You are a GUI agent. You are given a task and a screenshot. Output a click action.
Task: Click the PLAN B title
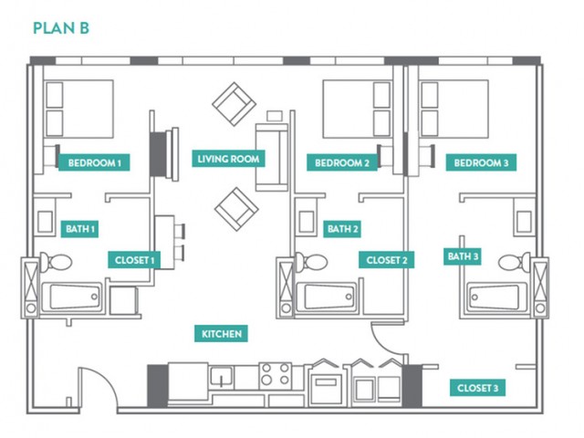point(61,28)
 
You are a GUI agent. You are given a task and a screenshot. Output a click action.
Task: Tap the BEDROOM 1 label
point(94,162)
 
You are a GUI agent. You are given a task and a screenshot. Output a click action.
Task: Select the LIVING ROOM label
point(228,159)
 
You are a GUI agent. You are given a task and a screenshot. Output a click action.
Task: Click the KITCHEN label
point(221,334)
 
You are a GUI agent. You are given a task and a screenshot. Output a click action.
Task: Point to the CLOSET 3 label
point(477,388)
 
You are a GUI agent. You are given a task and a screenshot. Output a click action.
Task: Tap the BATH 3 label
point(463,256)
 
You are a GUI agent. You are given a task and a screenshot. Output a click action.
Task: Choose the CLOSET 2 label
point(387,260)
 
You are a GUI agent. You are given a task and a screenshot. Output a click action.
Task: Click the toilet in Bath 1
point(56,262)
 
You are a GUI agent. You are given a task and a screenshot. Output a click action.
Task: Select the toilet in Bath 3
point(515,262)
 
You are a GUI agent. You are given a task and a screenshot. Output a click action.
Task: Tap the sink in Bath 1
point(45,222)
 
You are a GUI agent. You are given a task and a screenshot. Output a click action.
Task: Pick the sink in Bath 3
point(524,222)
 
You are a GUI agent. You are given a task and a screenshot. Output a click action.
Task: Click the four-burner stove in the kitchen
point(276,374)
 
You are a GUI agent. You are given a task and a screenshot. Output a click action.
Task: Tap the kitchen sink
point(221,376)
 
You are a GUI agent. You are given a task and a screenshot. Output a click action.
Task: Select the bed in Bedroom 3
point(454,109)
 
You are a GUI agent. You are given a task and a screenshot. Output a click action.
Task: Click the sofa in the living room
point(272,158)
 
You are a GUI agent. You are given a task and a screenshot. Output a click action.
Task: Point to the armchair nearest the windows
point(235,104)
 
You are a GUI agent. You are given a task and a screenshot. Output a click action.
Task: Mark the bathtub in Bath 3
point(497,297)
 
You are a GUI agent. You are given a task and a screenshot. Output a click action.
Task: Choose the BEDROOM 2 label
point(342,162)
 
